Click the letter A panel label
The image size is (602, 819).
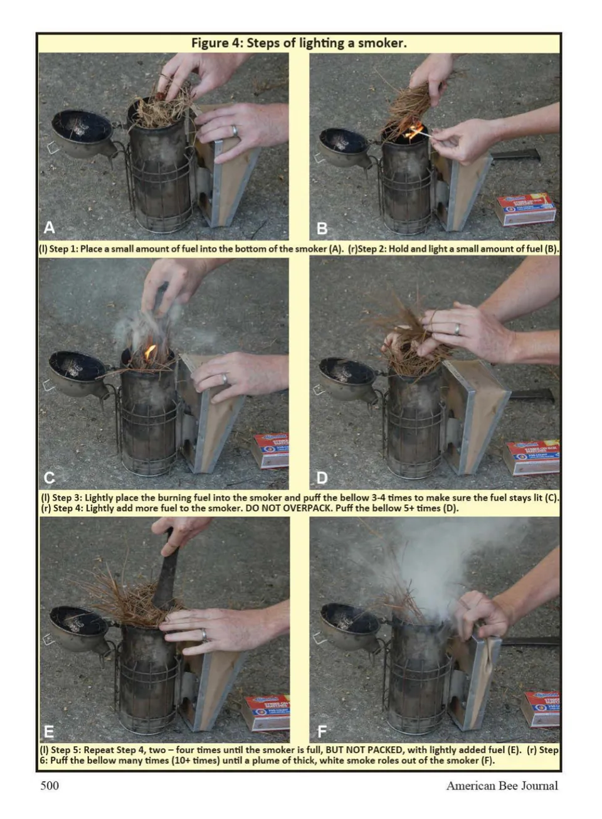(x=50, y=227)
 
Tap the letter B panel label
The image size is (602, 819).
(x=322, y=228)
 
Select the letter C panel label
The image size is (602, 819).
(x=50, y=478)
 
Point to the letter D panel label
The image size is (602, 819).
(x=322, y=478)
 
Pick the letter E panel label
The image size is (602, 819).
(x=48, y=732)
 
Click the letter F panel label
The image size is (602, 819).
(x=322, y=732)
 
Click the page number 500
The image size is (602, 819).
(x=50, y=785)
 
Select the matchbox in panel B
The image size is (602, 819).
(x=526, y=209)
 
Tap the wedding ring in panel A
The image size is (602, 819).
(x=235, y=131)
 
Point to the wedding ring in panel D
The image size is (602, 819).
(x=457, y=329)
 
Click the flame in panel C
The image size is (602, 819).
(x=150, y=352)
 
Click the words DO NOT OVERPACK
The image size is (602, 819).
(x=288, y=508)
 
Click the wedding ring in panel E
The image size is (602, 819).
(x=203, y=634)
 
